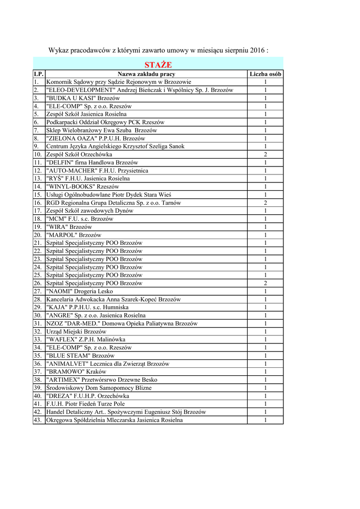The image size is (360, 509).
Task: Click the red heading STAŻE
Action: tap(158, 65)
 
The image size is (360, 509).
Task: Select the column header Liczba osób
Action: tap(266, 74)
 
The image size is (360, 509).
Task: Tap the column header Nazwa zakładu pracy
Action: tap(146, 74)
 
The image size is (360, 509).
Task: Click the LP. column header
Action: tap(39, 74)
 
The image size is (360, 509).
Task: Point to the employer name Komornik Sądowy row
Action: tap(118, 82)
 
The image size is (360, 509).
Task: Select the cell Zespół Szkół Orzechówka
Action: tap(79, 155)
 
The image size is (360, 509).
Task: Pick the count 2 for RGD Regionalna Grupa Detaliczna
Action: tap(266, 203)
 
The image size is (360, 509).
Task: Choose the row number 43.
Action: tap(38, 420)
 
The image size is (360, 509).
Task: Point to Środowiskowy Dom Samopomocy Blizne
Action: tap(98, 388)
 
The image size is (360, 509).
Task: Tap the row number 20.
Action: tap(38, 235)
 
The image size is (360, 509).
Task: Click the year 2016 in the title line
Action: tap(257, 51)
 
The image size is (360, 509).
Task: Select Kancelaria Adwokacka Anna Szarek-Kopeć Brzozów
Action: tap(113, 299)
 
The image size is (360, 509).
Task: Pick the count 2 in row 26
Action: tap(266, 283)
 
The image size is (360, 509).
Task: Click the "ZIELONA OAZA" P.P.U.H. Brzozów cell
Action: tap(95, 139)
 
